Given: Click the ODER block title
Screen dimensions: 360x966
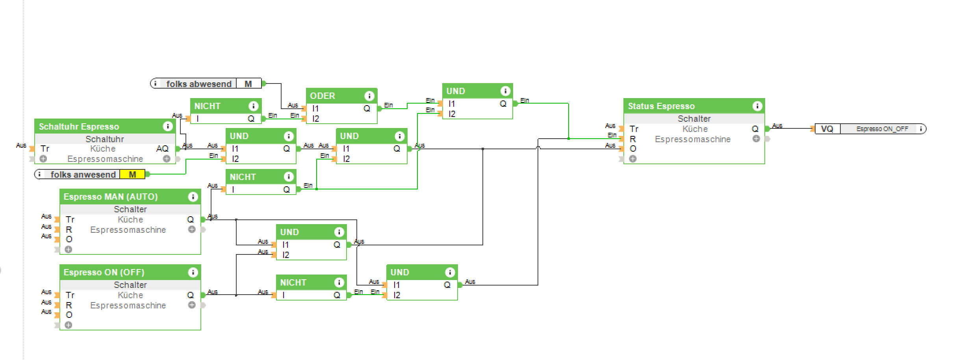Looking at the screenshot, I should coord(323,96).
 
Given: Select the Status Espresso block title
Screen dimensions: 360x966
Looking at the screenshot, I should coord(661,106).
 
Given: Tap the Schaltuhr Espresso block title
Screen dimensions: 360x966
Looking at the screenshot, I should coord(79,127).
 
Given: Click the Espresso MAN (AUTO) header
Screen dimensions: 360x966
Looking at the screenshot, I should coord(111,197).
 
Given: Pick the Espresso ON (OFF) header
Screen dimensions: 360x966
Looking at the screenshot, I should coord(104,273).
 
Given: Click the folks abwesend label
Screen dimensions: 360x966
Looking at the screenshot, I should coord(198,84).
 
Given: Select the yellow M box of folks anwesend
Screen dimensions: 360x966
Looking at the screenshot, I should coord(132,174).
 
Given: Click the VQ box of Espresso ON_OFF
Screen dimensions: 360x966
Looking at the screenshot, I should coord(827,129).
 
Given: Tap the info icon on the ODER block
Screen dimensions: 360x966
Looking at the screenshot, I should coord(369,96).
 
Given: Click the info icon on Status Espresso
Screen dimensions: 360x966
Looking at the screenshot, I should coord(757,106).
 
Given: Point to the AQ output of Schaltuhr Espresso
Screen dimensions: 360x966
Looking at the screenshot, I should coord(162,149).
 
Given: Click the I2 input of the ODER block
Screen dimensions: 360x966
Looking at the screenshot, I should coord(315,119).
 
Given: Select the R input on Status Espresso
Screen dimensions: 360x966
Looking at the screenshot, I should coord(633,139).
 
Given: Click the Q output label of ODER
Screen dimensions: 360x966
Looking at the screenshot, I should coord(367,109).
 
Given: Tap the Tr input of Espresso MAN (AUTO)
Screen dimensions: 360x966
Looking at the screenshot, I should coord(70,220).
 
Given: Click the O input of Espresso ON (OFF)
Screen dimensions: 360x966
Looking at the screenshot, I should coord(69,315).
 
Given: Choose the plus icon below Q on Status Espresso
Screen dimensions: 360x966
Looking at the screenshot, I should coord(756,139).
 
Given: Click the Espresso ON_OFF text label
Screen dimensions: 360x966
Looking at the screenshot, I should coord(882,129).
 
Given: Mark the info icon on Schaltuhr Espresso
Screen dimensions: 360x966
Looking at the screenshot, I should coord(167,127).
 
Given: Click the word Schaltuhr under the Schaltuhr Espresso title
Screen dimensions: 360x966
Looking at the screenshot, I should coord(105,139).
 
